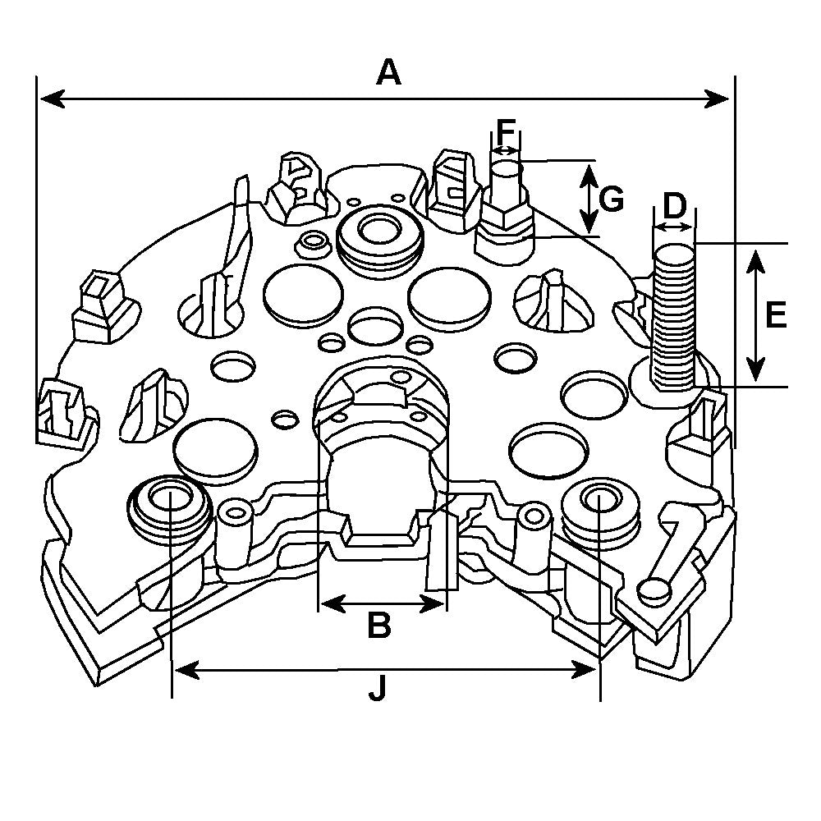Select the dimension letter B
[378, 626]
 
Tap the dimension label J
[377, 691]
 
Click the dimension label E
[775, 314]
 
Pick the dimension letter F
[507, 131]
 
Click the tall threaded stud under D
[673, 316]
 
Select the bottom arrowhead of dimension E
[756, 373]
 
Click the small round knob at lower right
[654, 589]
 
